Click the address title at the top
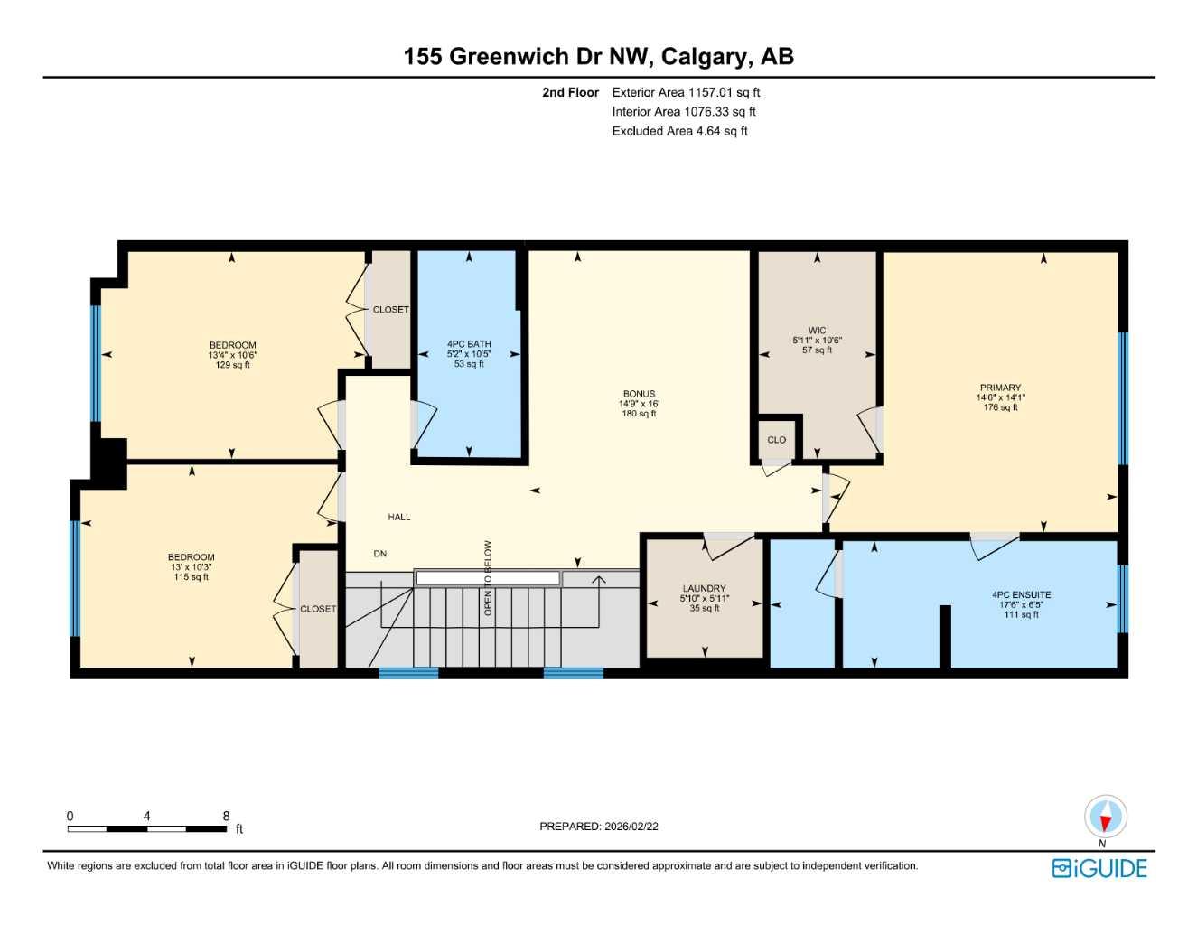pos(598,56)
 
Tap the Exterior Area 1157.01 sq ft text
pos(686,92)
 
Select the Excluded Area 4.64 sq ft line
pos(679,131)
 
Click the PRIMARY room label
pos(1000,388)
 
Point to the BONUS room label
pos(639,394)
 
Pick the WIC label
pos(817,331)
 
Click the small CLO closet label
pos(777,440)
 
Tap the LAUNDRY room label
pos(704,588)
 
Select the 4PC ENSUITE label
pos(1021,595)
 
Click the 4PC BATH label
pos(469,344)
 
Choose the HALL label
pos(399,517)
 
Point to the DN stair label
pos(380,554)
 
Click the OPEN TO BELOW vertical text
pos(488,578)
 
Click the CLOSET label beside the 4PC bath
pos(390,310)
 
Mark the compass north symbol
pos(1105,818)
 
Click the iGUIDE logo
pos(1099,868)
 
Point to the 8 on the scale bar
pos(226,816)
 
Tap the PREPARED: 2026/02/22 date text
pos(598,827)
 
